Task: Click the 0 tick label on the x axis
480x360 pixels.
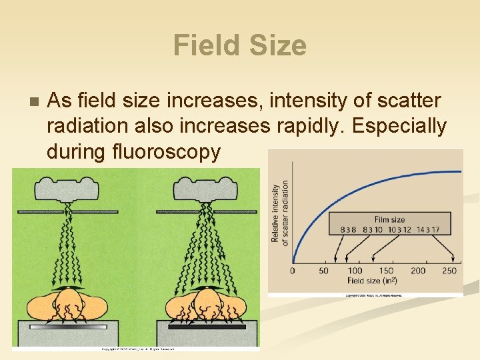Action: [x=292, y=271]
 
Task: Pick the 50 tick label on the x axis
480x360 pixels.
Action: [x=323, y=271]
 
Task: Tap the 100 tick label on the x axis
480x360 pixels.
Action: [x=355, y=271]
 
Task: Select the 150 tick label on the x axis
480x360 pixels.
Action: [x=386, y=271]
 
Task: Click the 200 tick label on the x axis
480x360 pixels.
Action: [x=418, y=271]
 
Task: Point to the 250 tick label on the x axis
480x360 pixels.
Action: [x=449, y=271]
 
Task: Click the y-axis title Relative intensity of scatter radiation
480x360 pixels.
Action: [x=280, y=212]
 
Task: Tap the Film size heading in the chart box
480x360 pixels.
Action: [x=390, y=219]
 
